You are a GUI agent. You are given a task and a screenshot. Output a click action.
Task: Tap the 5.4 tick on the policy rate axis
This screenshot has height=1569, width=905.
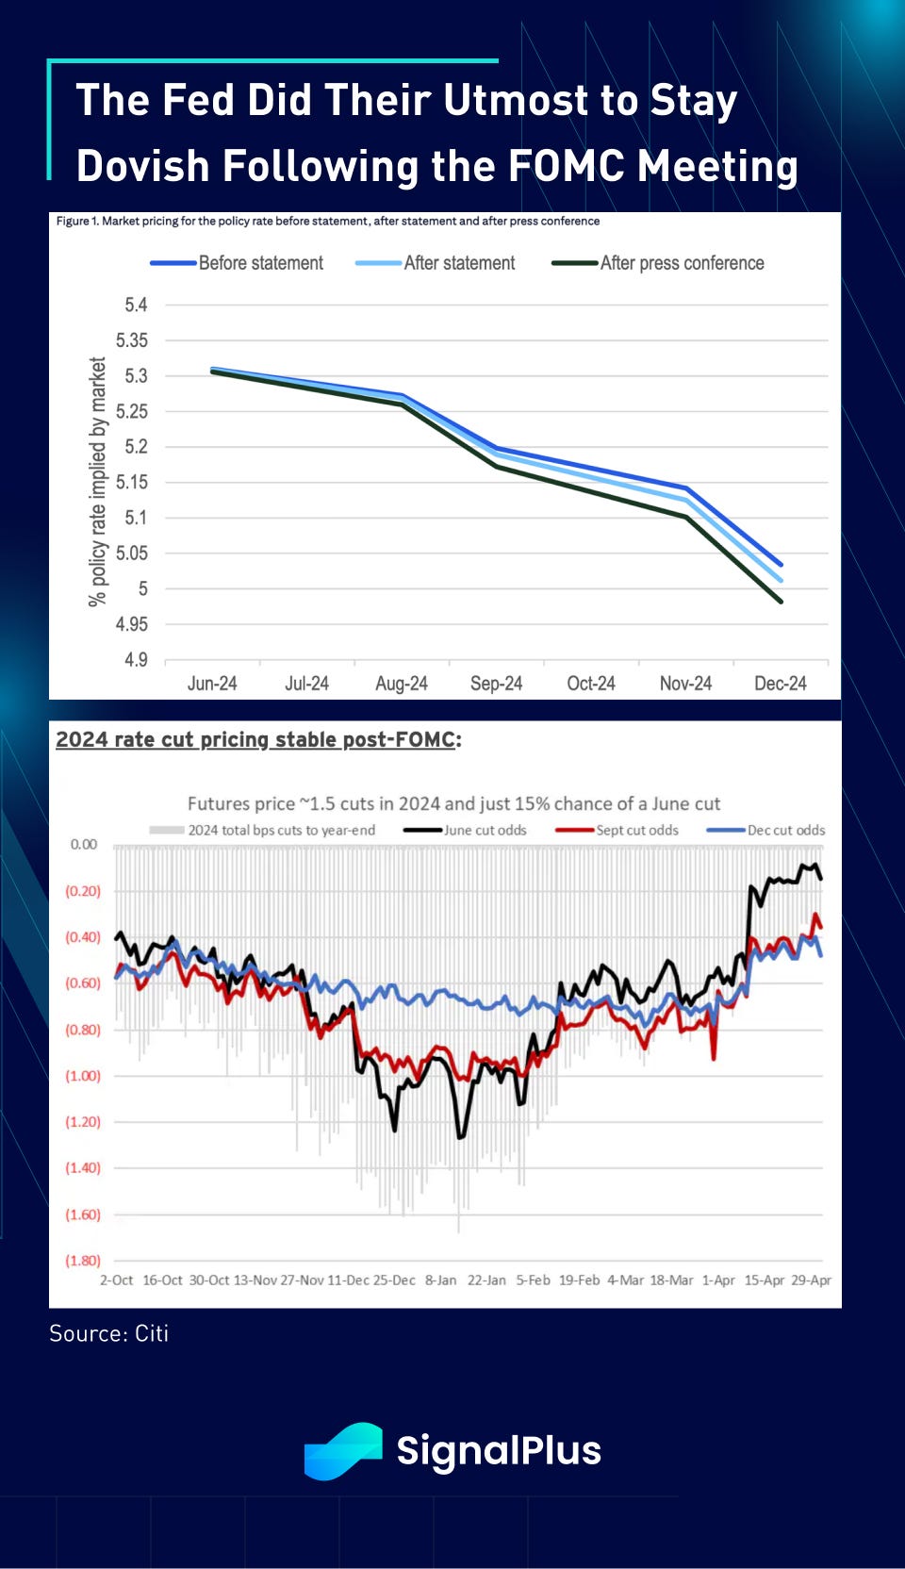tap(136, 305)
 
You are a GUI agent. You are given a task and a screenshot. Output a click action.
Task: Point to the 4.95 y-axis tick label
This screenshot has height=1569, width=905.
tap(132, 624)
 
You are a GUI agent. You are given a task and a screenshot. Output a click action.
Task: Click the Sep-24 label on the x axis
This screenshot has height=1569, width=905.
tap(496, 684)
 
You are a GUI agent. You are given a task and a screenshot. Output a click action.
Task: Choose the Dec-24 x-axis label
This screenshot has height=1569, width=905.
tap(780, 684)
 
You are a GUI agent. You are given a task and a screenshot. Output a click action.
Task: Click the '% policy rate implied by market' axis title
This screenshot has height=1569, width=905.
tap(97, 481)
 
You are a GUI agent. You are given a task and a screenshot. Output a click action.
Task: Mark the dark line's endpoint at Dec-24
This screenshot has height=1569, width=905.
tap(781, 602)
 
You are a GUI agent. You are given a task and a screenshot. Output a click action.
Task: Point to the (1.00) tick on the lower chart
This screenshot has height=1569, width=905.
tap(83, 1076)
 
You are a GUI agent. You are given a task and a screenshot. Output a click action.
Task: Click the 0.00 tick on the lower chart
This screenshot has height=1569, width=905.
tap(84, 845)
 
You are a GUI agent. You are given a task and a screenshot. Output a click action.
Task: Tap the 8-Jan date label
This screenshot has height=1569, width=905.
tap(440, 1280)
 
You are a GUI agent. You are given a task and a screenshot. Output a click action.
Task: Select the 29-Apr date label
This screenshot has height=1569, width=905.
tap(811, 1280)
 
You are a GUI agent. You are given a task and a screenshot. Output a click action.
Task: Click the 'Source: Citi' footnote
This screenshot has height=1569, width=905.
tap(109, 1333)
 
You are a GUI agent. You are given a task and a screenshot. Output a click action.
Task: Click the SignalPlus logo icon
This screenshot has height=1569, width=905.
tap(343, 1450)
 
